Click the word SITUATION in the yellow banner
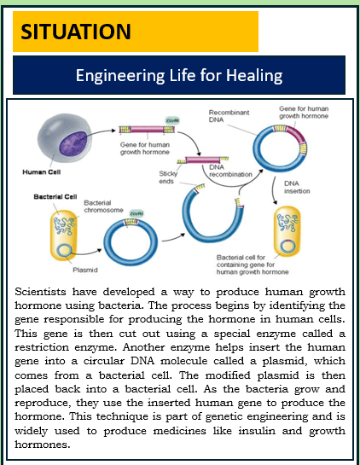[76, 32]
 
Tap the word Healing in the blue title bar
[254, 75]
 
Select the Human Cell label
[42, 172]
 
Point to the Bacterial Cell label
[55, 196]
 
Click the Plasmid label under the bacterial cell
[85, 270]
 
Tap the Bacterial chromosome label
[103, 206]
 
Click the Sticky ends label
[168, 177]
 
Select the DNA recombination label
[230, 171]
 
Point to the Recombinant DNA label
[229, 116]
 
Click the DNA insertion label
[297, 187]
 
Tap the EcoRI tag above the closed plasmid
[136, 213]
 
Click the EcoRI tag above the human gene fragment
[172, 120]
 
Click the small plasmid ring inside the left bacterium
[64, 251]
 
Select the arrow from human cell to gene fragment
[99, 132]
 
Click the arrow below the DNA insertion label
[274, 190]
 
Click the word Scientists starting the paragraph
[40, 292]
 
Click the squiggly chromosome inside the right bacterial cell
[287, 222]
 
